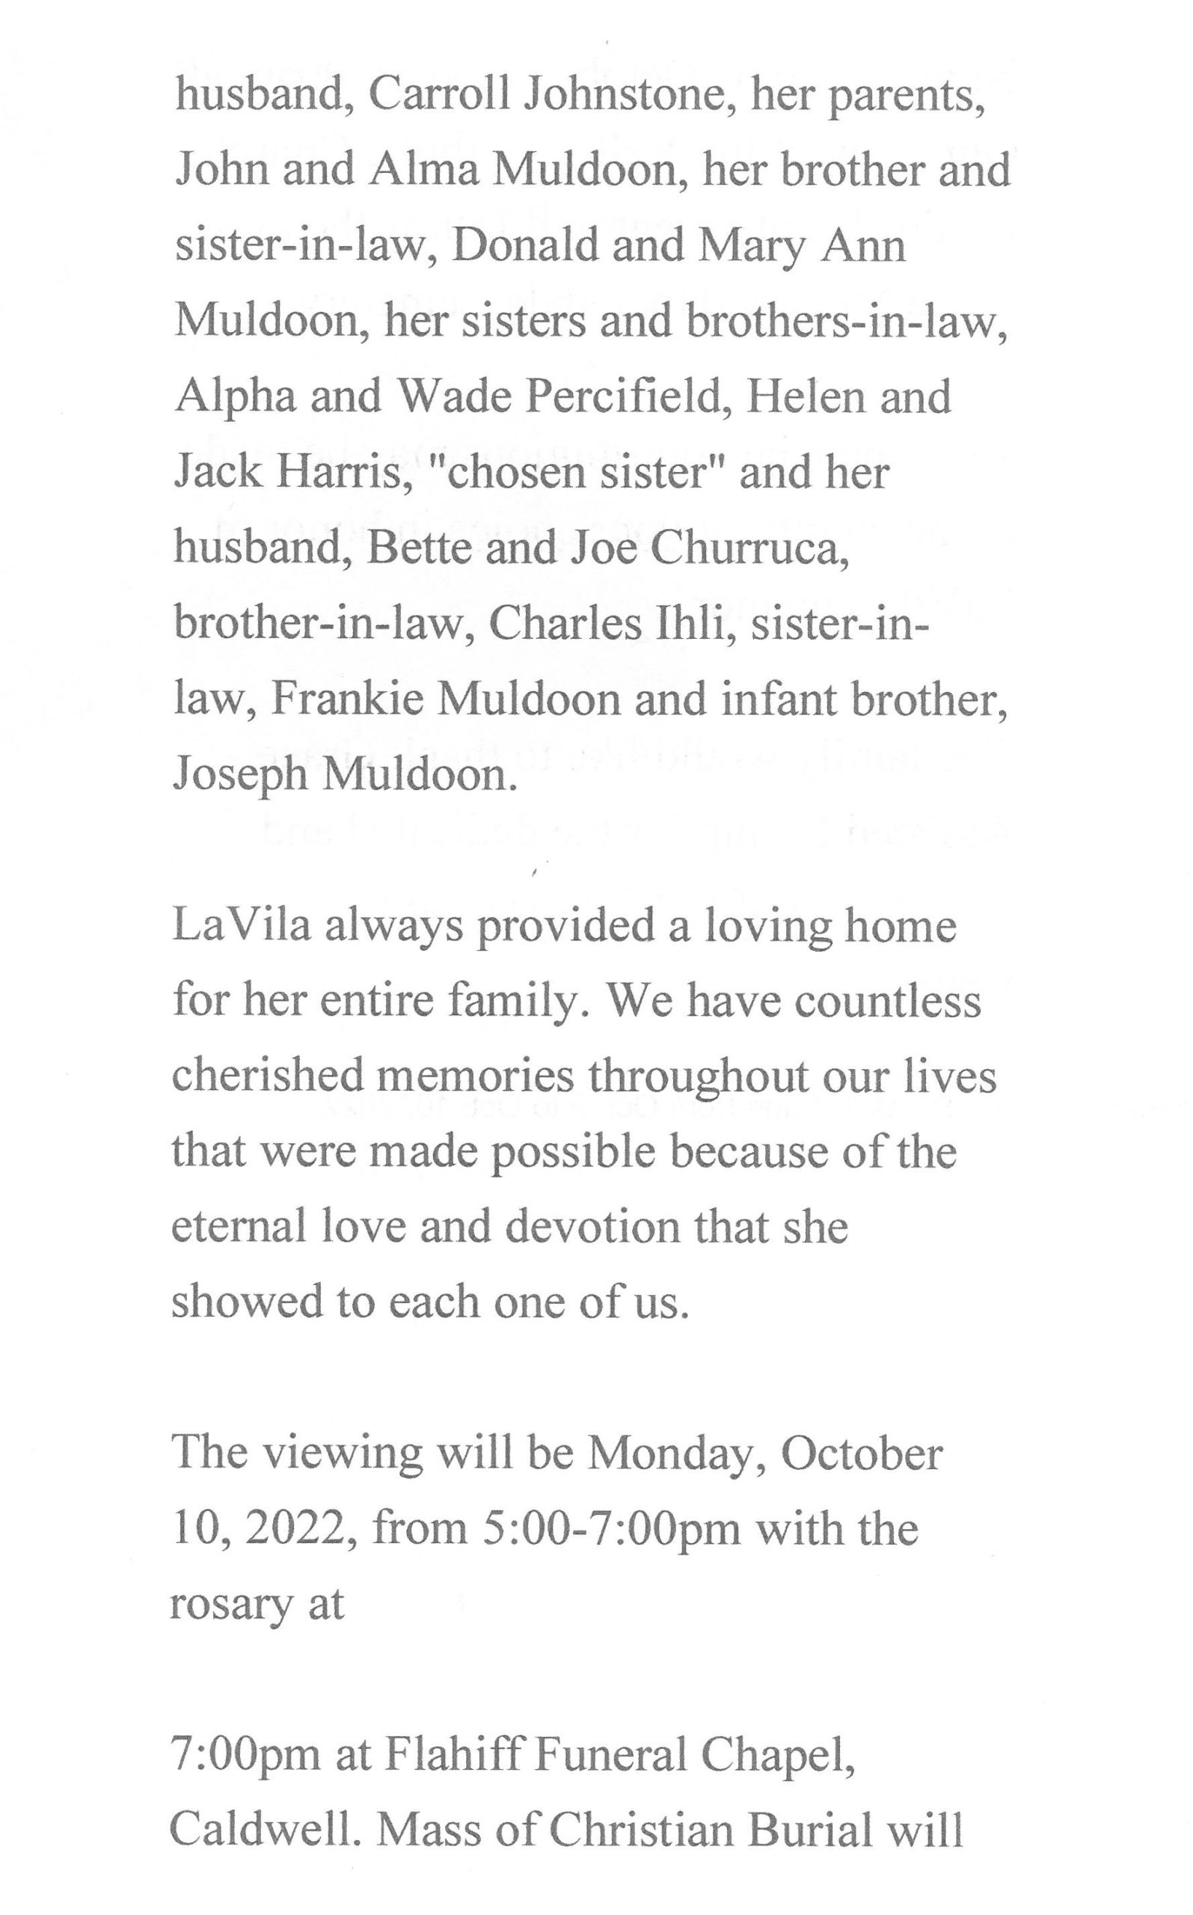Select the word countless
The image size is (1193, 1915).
[x=888, y=1000]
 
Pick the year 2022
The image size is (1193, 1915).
[x=297, y=1529]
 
